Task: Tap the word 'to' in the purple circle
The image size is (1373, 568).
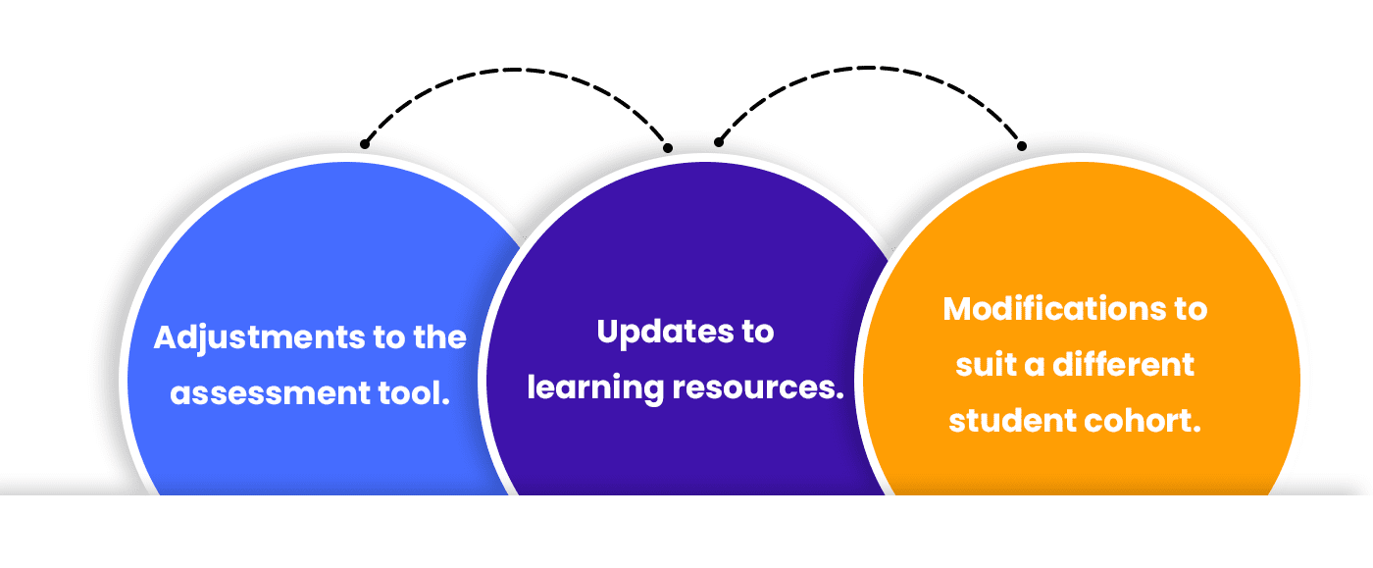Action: point(754,333)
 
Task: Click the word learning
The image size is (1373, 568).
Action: point(595,388)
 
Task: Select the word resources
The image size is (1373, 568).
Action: point(758,388)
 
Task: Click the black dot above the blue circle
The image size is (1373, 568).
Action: point(365,144)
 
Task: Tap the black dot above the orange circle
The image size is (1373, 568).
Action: point(1022,146)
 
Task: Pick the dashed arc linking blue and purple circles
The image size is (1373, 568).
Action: point(515,70)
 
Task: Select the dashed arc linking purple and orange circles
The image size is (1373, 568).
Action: point(868,70)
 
